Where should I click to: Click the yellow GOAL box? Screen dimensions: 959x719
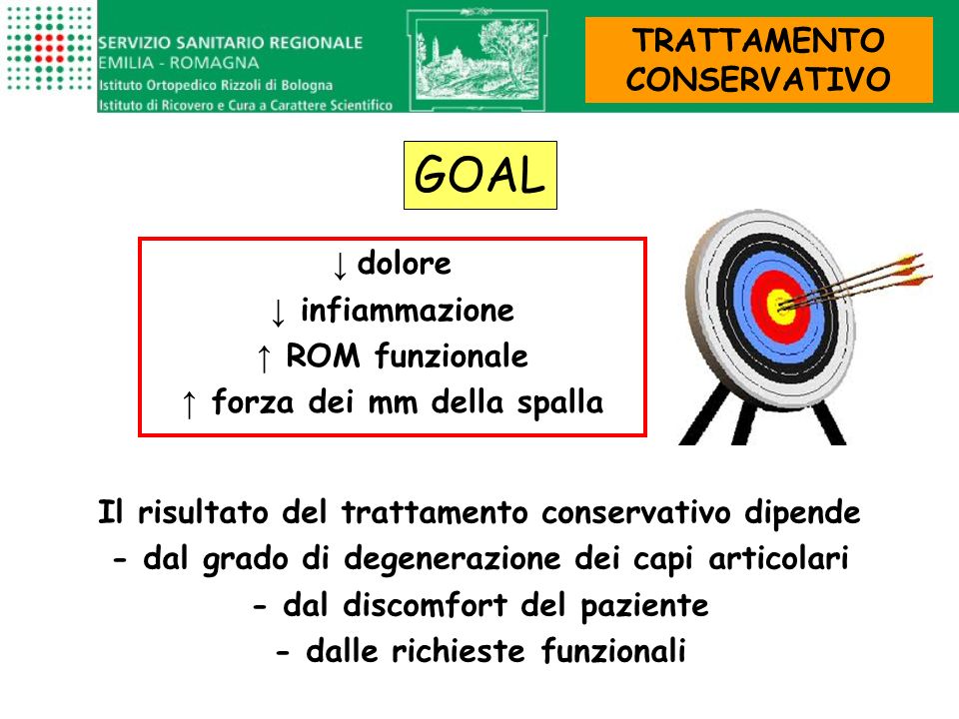point(480,176)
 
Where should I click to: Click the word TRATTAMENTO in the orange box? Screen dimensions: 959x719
point(758,40)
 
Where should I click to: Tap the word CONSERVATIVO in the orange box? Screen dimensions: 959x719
point(758,79)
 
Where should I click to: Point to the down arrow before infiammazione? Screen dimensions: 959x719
point(278,313)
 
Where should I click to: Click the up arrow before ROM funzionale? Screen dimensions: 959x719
point(264,358)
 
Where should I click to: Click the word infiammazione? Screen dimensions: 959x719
point(408,310)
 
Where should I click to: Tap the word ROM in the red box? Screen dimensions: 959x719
point(323,356)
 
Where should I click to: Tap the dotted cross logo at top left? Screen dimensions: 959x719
point(48,49)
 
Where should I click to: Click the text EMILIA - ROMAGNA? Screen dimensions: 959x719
point(179,63)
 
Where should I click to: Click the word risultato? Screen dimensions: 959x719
point(203,511)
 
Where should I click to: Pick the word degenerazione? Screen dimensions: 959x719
point(452,559)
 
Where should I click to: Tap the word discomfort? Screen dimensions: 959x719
point(426,605)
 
